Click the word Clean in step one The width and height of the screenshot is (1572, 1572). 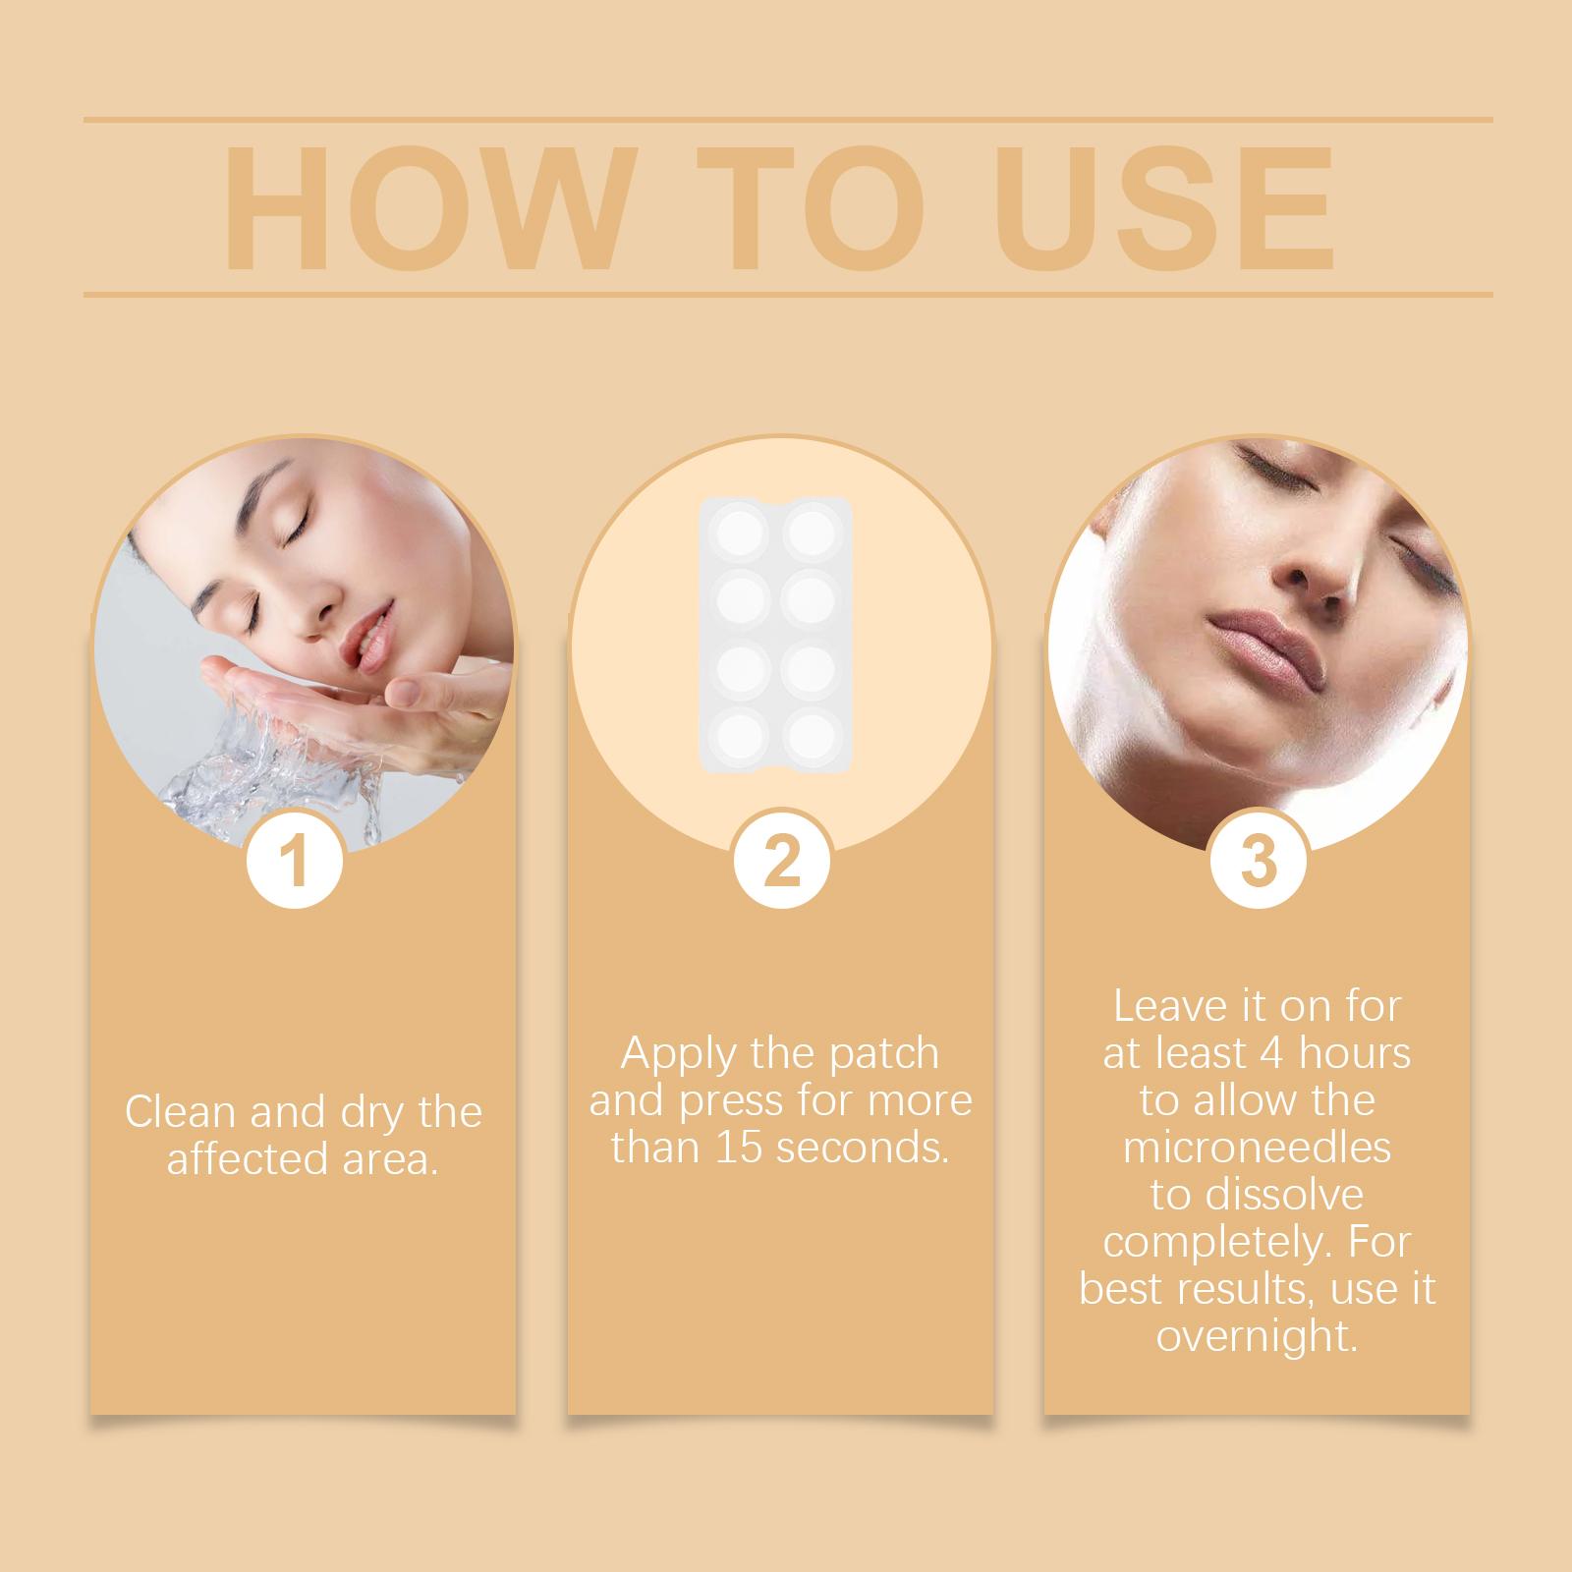181,1113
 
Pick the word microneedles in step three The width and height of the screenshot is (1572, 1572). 1258,1148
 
